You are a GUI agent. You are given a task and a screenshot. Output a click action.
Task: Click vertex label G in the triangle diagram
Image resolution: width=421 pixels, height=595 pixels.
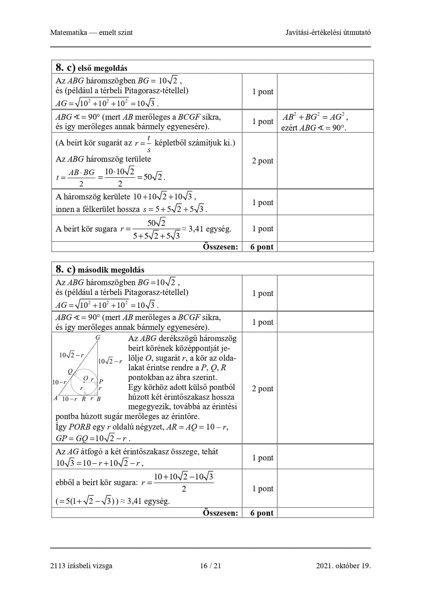click(x=98, y=338)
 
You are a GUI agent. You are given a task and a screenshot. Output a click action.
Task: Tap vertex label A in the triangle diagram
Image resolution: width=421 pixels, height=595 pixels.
click(x=56, y=398)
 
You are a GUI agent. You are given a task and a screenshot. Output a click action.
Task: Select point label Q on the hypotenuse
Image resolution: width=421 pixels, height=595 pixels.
click(x=70, y=372)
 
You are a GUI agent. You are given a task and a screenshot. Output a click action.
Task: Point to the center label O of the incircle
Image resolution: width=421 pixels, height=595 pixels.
click(x=85, y=378)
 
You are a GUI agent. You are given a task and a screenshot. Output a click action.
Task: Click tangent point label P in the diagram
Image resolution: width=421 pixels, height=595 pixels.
click(x=101, y=382)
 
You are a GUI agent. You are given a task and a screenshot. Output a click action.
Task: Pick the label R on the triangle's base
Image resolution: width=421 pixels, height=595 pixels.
click(x=84, y=399)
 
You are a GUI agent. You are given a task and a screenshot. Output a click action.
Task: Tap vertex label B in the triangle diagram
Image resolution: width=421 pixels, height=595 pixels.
click(x=99, y=399)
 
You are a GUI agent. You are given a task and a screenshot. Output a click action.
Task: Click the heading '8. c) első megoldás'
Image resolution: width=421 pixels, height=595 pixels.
click(x=92, y=68)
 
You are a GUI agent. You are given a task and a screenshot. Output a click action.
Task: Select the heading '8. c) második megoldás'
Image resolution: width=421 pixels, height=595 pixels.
click(x=100, y=270)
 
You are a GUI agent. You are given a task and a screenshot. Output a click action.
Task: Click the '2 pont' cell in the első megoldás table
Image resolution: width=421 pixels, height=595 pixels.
click(x=262, y=161)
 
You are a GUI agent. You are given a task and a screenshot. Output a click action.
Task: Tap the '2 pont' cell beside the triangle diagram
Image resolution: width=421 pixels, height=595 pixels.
click(x=262, y=389)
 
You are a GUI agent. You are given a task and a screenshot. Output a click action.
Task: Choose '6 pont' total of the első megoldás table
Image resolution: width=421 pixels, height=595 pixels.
click(x=262, y=247)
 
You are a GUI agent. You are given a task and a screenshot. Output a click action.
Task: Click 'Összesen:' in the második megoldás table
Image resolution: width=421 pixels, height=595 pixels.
click(x=221, y=513)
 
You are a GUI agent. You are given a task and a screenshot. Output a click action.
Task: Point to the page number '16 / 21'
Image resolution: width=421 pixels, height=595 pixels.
click(x=210, y=566)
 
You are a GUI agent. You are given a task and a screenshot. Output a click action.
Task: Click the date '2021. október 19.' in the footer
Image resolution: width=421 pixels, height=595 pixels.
click(x=343, y=566)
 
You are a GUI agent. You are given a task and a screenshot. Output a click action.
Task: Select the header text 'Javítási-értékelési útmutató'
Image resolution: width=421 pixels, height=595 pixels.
click(x=328, y=33)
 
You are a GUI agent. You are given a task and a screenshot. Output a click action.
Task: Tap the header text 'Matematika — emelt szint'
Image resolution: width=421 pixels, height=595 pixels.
click(x=92, y=33)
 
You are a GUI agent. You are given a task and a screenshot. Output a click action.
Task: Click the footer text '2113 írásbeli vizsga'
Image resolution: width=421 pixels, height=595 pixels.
click(x=81, y=566)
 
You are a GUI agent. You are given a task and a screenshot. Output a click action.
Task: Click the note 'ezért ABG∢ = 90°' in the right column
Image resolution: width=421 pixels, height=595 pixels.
click(x=314, y=128)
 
